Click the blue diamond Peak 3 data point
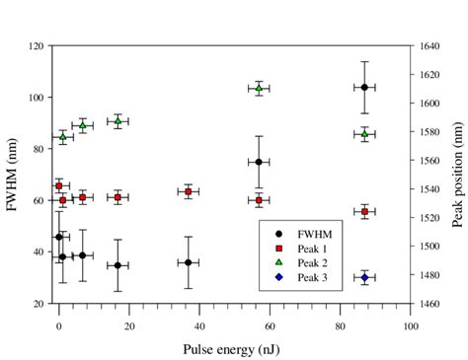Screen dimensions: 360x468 (364, 277)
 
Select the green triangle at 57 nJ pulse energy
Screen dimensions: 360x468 (259, 89)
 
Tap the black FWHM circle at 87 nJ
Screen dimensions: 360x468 (364, 87)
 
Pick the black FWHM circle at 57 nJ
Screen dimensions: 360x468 (259, 162)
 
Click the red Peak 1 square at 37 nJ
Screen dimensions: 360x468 (189, 191)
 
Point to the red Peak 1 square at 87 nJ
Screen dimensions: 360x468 (364, 211)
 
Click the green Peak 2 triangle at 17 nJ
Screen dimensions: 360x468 (117, 121)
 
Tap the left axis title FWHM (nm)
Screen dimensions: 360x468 (14, 175)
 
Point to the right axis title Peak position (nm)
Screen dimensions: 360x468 (456, 175)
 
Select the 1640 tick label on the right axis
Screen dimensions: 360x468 (427, 46)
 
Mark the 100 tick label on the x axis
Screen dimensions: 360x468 (410, 321)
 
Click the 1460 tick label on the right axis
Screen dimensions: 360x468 (427, 304)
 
